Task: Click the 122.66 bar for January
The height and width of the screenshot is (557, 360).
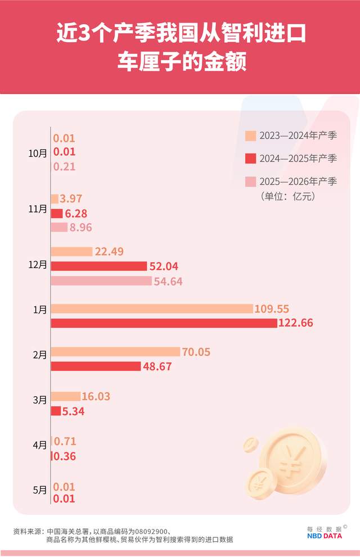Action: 164,323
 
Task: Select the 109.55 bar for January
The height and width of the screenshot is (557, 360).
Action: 152,309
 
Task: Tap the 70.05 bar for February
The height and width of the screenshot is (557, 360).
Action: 115,352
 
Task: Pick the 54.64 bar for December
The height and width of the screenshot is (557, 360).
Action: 101,280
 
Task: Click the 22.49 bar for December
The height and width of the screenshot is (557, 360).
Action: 71,251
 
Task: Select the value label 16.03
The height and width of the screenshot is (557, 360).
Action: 96,397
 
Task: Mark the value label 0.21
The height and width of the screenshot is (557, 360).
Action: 64,166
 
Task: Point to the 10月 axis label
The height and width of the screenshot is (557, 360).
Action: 38,152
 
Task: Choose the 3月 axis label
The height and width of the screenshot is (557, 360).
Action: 40,400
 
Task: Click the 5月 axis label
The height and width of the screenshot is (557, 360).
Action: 40,490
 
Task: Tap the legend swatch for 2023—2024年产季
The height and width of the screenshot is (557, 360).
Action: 250,136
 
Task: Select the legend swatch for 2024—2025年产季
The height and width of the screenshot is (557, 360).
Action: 250,159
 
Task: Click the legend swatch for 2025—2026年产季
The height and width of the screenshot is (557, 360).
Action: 250,182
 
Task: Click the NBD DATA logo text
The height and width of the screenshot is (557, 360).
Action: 324,536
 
